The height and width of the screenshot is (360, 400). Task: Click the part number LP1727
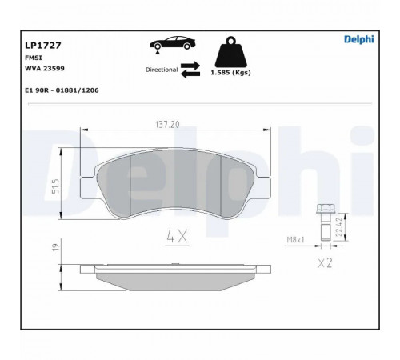click(43, 46)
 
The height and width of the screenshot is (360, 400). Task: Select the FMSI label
click(34, 58)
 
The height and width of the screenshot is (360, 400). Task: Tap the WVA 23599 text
click(45, 68)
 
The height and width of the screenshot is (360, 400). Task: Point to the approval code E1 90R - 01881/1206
click(62, 90)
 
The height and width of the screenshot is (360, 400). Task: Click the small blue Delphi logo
click(359, 39)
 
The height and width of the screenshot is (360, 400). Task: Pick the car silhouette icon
click(173, 42)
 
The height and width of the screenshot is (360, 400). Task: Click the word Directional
click(162, 70)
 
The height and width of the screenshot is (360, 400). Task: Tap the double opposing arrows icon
click(190, 70)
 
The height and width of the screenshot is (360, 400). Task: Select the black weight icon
click(231, 52)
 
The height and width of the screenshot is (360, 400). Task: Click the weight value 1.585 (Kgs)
click(230, 73)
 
